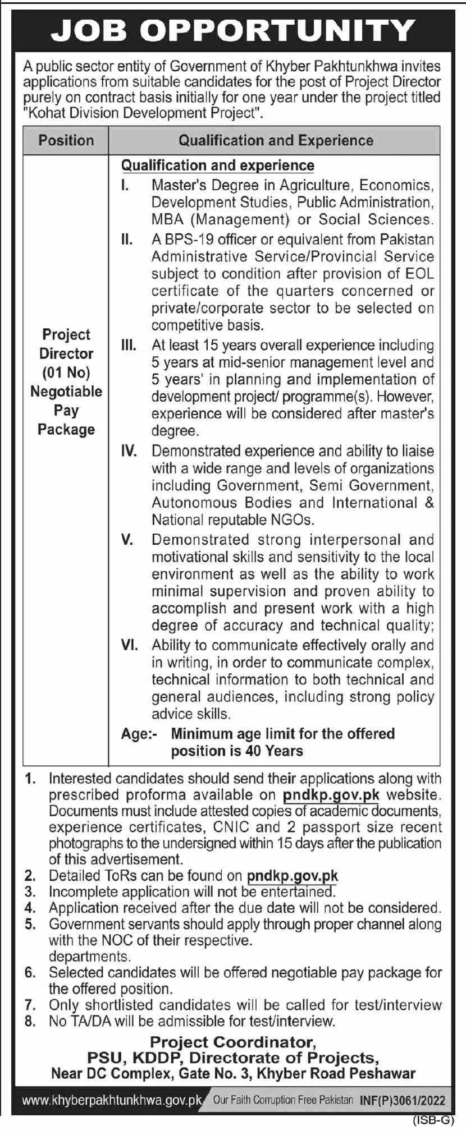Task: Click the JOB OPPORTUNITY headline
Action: click(x=233, y=31)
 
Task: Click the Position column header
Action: click(x=66, y=140)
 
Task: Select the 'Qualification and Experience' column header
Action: click(x=276, y=140)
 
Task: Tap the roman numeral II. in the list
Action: click(x=127, y=240)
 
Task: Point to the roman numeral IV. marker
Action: click(x=129, y=451)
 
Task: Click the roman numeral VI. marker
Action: click(x=129, y=645)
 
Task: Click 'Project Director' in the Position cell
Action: click(x=66, y=344)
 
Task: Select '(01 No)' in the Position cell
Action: click(x=66, y=373)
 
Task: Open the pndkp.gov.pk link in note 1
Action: click(x=331, y=795)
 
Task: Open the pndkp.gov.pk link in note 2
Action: click(x=293, y=875)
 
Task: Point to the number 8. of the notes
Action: click(x=30, y=1021)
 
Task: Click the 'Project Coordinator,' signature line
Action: click(x=233, y=1042)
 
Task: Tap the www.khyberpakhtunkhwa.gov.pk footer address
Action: click(x=112, y=1101)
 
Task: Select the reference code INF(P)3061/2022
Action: click(x=402, y=1101)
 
